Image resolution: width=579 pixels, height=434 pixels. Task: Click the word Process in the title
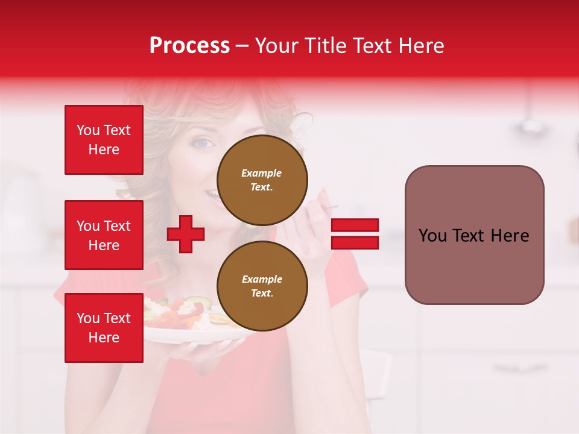[x=189, y=46]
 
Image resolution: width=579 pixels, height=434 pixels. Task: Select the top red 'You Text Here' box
[x=104, y=140]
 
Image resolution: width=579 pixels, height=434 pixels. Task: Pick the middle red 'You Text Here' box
[x=104, y=235]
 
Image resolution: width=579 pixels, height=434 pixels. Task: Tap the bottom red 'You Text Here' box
[x=104, y=328]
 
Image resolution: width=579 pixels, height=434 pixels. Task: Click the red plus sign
[x=186, y=234]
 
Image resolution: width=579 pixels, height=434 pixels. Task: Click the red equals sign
[x=355, y=234]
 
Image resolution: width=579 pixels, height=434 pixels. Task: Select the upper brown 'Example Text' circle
[x=262, y=180]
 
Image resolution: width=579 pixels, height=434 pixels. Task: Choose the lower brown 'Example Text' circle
[x=262, y=286]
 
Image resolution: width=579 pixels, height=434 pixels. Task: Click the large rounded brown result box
[x=474, y=235]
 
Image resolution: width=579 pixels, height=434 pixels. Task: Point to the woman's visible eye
[x=203, y=144]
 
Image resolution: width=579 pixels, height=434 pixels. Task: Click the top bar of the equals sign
[x=355, y=225]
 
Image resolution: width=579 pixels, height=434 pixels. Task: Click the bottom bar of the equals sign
[x=355, y=242]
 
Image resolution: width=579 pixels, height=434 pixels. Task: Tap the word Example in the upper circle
[x=261, y=173]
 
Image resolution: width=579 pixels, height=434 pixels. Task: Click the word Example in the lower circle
[x=262, y=279]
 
